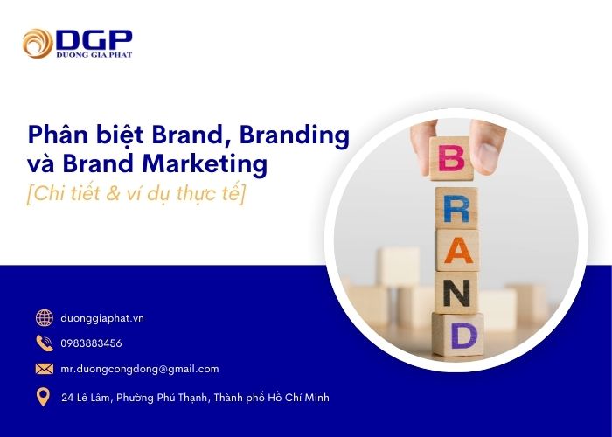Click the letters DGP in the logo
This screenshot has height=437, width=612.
94,38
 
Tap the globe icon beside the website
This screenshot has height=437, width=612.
44,318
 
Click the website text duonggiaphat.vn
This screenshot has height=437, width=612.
102,318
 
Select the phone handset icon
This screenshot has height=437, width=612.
44,343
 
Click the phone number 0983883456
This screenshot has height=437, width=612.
92,343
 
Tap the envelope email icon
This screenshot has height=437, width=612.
44,369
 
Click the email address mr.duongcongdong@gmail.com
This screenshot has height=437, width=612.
140,369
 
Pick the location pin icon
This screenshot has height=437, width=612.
44,398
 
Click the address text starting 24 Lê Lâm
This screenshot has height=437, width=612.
195,398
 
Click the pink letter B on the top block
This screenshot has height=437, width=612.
452,159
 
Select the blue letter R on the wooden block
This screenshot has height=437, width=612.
456,208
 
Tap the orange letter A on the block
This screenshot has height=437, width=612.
456,251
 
